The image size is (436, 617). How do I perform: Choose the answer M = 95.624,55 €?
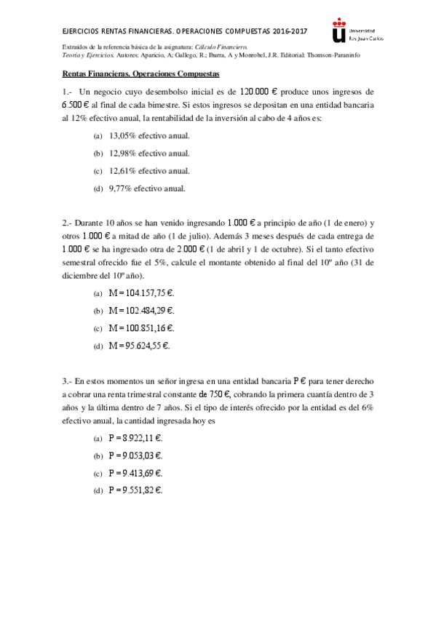139,346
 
